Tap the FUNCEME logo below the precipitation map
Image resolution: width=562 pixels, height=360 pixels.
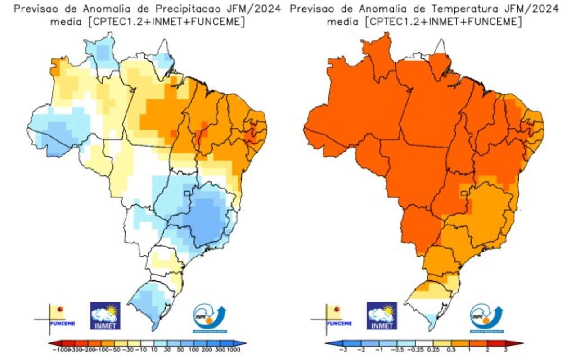coord(55,317)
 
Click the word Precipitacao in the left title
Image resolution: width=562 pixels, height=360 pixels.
coord(182,9)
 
